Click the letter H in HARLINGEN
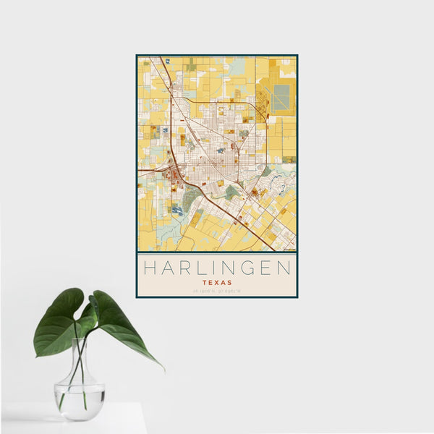pyautogui.click(x=148, y=268)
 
